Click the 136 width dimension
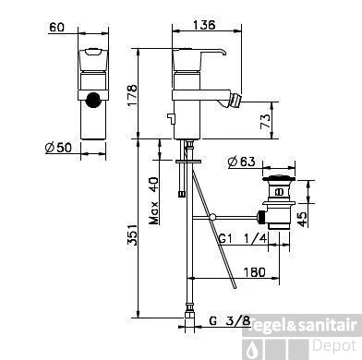pyautogui.click(x=204, y=25)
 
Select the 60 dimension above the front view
pyautogui.click(x=57, y=27)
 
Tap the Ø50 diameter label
pyautogui.click(x=58, y=148)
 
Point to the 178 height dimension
pyautogui.click(x=132, y=95)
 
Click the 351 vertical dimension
pyautogui.click(x=132, y=234)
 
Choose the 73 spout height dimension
pyautogui.click(x=265, y=121)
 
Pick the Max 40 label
pyautogui.click(x=154, y=200)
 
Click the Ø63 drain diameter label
pyautogui.click(x=242, y=162)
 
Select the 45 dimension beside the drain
pyautogui.click(x=303, y=219)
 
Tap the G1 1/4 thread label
pyautogui.click(x=243, y=238)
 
